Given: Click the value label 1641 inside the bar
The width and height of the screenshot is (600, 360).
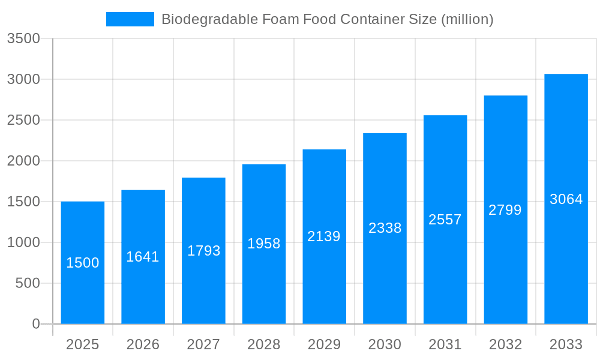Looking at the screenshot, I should pyautogui.click(x=143, y=257).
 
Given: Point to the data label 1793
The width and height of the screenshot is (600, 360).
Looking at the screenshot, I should pyautogui.click(x=203, y=251).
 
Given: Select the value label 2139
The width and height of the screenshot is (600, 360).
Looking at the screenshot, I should pyautogui.click(x=324, y=236).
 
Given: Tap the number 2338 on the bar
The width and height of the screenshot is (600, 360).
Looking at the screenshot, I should pyautogui.click(x=385, y=228).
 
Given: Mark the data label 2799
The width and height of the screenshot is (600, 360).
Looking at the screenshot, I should pyautogui.click(x=505, y=210).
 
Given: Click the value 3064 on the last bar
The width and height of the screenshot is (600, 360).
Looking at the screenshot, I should pyautogui.click(x=566, y=199).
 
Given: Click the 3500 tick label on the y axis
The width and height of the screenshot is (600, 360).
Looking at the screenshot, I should pyautogui.click(x=23, y=39).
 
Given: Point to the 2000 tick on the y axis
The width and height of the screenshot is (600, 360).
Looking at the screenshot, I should pyautogui.click(x=23, y=161).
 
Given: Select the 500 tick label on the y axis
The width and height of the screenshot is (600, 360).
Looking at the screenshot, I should pyautogui.click(x=27, y=283).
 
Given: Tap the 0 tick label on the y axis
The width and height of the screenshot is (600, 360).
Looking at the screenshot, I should pyautogui.click(x=35, y=324).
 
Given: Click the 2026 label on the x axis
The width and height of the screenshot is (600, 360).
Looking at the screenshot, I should pyautogui.click(x=143, y=344).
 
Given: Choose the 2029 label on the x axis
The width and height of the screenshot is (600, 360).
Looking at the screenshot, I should pyautogui.click(x=324, y=344).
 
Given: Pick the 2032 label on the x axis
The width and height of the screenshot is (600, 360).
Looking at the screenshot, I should pyautogui.click(x=505, y=344).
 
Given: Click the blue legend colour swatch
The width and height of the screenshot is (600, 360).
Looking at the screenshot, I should pyautogui.click(x=130, y=19).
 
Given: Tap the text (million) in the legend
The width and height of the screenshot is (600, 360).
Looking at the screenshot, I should pyautogui.click(x=467, y=19).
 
